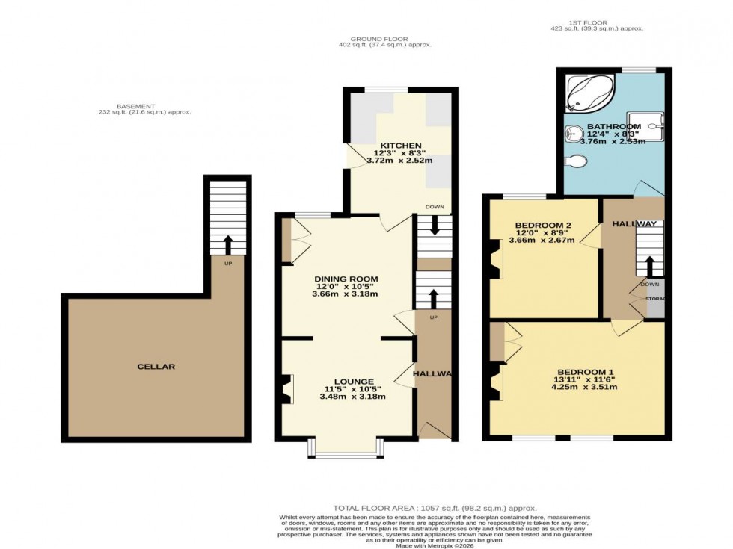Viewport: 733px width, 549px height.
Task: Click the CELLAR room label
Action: tap(156, 367)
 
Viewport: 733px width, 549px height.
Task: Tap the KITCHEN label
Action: tap(400, 145)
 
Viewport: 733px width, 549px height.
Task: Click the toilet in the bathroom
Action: tap(577, 161)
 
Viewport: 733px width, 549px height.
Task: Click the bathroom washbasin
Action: tap(573, 133)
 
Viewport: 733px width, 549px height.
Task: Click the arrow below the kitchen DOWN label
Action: tap(435, 226)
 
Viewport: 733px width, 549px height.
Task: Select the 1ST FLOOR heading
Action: tap(596, 22)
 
